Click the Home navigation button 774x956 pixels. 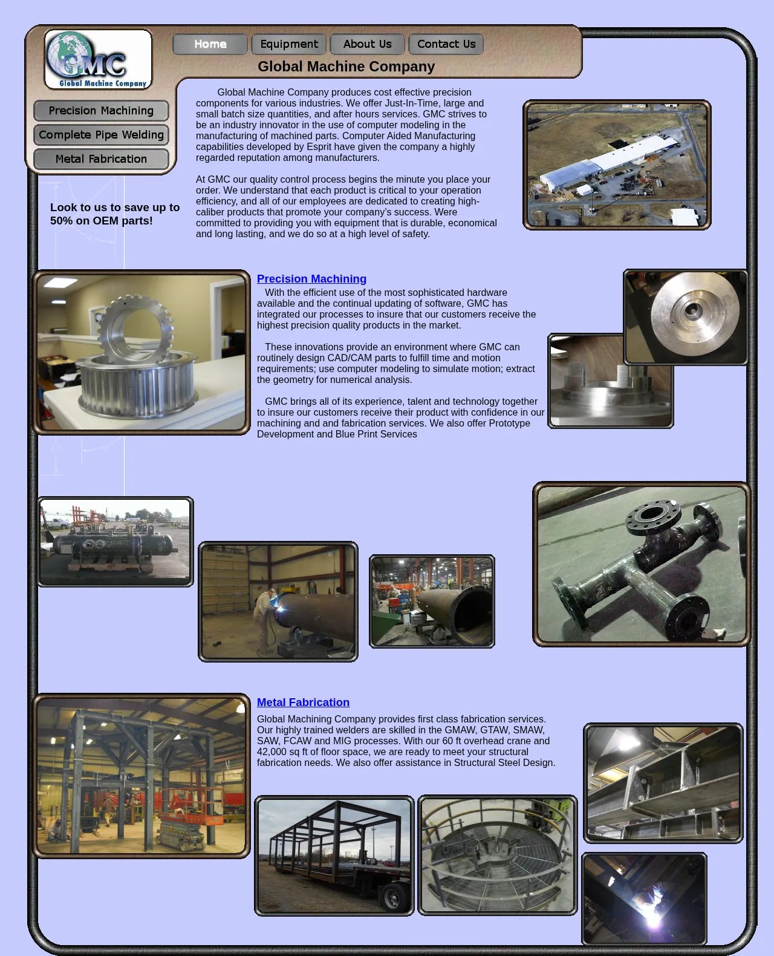[x=210, y=44]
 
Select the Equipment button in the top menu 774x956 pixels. [x=289, y=44]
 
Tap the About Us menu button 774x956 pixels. [x=367, y=44]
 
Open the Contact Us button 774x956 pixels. [x=446, y=44]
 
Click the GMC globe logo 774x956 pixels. [x=98, y=59]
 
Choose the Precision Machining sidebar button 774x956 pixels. [x=101, y=110]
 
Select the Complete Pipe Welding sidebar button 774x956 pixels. [x=101, y=135]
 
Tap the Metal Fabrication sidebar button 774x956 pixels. [x=101, y=159]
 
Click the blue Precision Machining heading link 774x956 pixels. [x=311, y=279]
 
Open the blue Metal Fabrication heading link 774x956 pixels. [x=303, y=702]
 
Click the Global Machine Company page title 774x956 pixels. [x=346, y=67]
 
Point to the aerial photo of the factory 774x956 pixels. [x=617, y=165]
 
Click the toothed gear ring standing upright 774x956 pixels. [x=135, y=329]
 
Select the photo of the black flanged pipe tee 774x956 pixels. [x=642, y=564]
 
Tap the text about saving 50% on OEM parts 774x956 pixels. [x=115, y=214]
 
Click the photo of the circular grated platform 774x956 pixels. [x=498, y=856]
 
